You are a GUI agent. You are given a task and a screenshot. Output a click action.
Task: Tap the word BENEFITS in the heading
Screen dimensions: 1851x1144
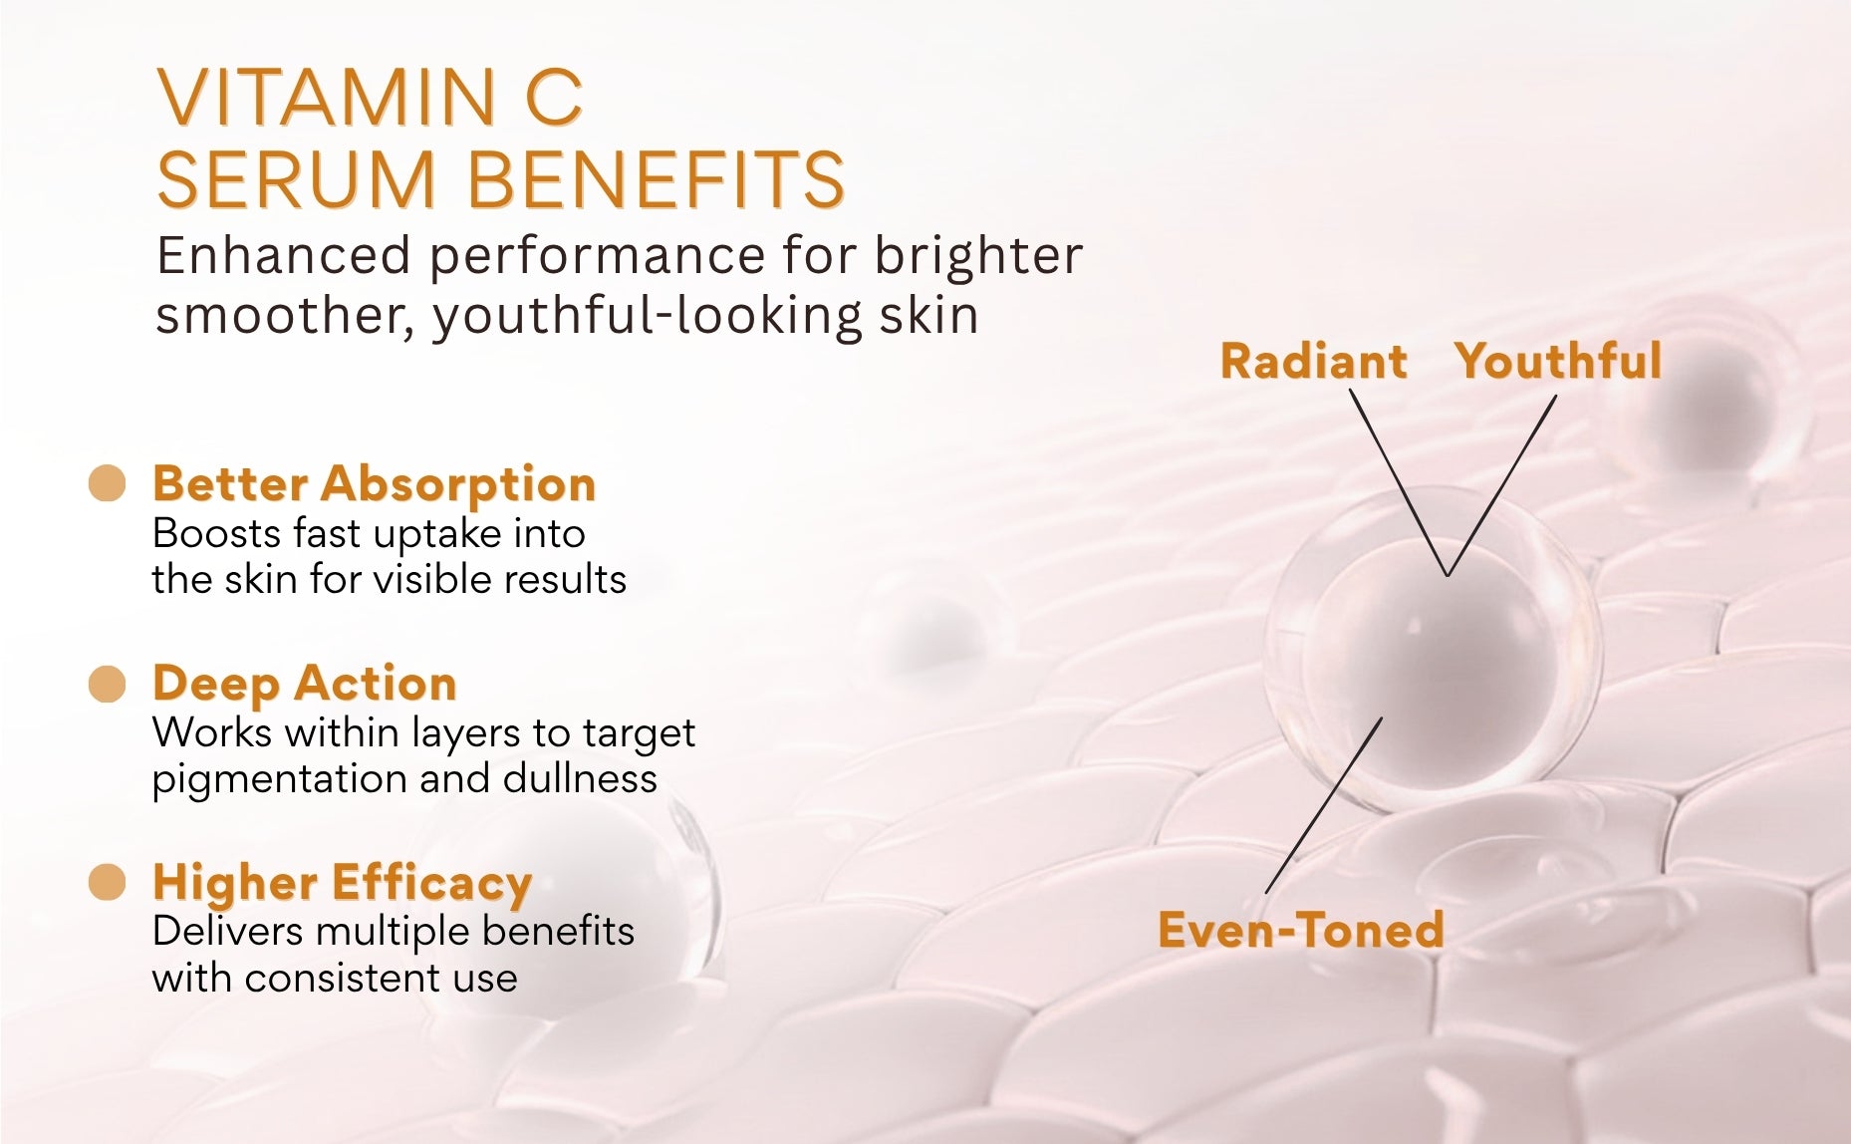coord(656,180)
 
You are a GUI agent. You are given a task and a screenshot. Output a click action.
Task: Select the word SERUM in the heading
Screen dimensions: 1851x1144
coord(297,180)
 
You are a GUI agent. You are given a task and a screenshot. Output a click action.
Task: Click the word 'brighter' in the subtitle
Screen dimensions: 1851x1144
coord(978,255)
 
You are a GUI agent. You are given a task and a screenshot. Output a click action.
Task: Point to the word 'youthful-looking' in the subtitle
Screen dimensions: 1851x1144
coord(647,316)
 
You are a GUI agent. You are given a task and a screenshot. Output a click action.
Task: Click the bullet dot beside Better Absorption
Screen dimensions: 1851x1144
coord(108,484)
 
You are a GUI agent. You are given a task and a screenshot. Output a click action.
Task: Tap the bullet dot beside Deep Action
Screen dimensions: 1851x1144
coord(108,685)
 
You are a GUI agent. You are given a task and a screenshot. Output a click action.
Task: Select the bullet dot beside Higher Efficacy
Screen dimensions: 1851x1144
coord(108,883)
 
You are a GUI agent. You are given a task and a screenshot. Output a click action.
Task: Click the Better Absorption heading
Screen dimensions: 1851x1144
coord(375,485)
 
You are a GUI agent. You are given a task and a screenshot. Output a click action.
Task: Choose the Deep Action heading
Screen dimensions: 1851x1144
coord(305,684)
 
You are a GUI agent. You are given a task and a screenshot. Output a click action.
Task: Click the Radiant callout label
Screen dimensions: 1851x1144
coord(1314,361)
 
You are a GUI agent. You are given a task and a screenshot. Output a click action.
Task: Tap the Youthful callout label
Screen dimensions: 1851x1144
coord(1558,361)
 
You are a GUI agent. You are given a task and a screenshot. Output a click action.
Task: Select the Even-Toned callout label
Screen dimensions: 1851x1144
coord(1301,930)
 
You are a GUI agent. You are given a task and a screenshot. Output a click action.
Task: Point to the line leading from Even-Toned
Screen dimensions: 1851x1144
coord(1324,805)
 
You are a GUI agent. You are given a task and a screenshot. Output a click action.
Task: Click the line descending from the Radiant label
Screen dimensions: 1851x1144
coord(1399,482)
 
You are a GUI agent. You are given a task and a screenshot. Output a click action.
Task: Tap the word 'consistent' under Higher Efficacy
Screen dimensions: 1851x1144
coord(344,978)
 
